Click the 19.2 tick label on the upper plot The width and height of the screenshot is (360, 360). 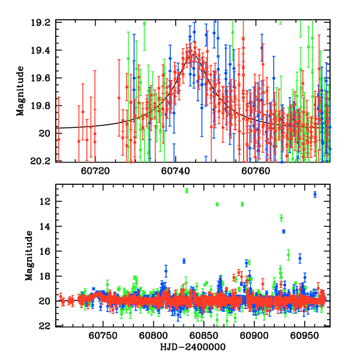(46, 22)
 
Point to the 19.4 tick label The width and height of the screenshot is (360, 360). (46, 50)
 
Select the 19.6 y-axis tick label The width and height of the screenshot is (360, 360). (46, 78)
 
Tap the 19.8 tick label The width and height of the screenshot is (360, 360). (46, 106)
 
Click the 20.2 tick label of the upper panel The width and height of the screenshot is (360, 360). (46, 161)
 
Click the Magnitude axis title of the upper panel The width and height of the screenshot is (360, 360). (20, 91)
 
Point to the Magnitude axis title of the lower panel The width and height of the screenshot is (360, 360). (28, 257)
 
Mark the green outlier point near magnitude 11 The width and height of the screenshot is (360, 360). (187, 191)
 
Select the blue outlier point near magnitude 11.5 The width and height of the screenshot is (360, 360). (314, 194)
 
